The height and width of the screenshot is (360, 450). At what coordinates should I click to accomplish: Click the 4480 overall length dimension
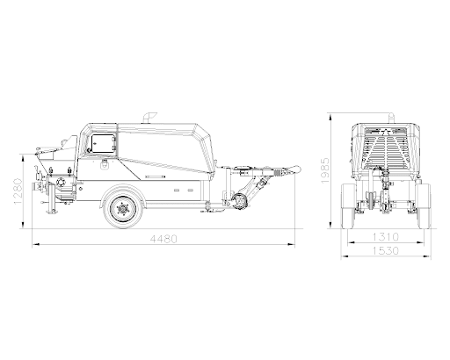[x=163, y=239]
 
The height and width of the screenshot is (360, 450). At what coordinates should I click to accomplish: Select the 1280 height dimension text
[x=18, y=191]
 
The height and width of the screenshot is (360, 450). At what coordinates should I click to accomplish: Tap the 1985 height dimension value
[x=325, y=170]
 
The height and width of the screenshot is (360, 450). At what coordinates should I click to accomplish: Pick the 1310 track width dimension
[x=386, y=236]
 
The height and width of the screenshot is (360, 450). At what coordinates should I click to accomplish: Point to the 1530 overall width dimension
[x=386, y=251]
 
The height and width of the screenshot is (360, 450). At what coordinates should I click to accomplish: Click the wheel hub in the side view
[x=123, y=209]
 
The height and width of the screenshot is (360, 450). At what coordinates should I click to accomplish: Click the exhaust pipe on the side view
[x=149, y=118]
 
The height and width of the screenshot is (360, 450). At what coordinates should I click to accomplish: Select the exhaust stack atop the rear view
[x=392, y=118]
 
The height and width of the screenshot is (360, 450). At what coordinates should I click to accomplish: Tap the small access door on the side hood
[x=103, y=143]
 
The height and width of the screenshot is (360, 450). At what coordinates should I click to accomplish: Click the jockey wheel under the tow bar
[x=241, y=201]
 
